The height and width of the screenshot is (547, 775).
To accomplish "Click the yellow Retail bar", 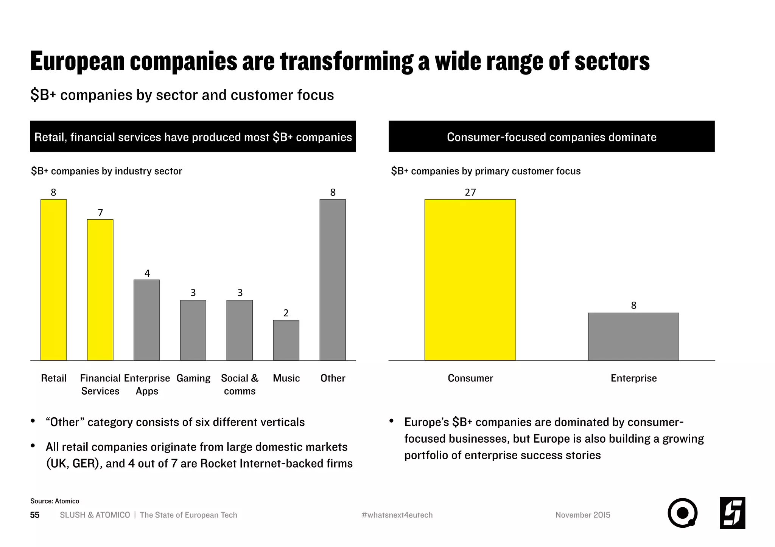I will [x=53, y=280].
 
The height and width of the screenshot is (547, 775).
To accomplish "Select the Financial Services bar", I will [x=100, y=290].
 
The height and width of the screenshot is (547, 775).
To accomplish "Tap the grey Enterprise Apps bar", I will [x=147, y=320].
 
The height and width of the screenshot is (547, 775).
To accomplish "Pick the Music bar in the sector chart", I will [x=286, y=340].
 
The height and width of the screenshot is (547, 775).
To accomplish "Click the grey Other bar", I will [x=333, y=280].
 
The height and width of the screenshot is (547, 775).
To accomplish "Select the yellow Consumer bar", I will [x=470, y=280].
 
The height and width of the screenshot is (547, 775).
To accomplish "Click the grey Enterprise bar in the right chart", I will [x=633, y=336].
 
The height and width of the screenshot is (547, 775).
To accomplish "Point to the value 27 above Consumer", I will [x=470, y=192].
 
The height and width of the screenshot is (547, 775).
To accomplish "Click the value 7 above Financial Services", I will [x=100, y=213].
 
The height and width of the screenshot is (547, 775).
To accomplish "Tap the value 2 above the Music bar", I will [x=286, y=313].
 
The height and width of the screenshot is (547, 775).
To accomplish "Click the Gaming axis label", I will [x=193, y=378].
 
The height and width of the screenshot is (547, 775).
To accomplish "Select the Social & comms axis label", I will [x=240, y=384].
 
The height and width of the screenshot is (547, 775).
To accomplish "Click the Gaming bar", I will [x=193, y=330].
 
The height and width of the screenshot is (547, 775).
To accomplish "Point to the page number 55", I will [x=35, y=515].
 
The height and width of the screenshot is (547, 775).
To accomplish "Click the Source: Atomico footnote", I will [x=55, y=501].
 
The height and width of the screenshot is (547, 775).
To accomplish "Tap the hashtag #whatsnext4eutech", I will [x=397, y=515].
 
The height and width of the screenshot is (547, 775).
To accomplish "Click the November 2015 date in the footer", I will [x=583, y=515].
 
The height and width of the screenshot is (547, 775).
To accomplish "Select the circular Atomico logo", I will [x=682, y=513].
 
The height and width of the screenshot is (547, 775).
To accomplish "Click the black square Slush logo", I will [x=732, y=513].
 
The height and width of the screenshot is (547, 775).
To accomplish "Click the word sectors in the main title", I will [x=612, y=61].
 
